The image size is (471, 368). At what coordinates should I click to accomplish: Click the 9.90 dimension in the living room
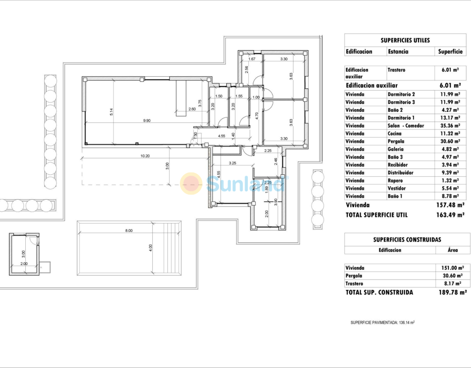coord(147,121)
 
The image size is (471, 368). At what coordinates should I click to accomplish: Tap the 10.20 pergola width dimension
coord(145,156)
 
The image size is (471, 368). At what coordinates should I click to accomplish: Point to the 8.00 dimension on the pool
coord(129,231)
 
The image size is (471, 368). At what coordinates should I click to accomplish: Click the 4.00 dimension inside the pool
coord(150,248)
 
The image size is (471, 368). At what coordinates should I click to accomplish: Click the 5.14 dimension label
coord(111,112)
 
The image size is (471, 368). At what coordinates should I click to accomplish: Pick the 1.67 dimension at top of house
coord(252,59)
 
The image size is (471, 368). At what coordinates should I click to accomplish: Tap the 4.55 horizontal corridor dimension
coord(221,136)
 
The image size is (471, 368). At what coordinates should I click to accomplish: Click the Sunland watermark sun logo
coord(191,183)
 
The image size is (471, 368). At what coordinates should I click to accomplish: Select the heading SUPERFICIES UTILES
coord(405,40)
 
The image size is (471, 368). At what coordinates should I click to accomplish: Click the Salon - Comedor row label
coord(406,126)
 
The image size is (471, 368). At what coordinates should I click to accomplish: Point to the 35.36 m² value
coord(450,126)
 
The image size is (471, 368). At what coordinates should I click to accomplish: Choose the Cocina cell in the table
coord(394,133)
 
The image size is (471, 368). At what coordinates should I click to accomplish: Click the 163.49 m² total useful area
coord(450,215)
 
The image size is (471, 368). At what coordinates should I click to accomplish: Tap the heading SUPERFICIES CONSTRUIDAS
coord(407,240)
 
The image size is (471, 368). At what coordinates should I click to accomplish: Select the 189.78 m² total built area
coord(453,292)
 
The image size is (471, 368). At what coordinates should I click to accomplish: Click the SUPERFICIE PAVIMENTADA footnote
coord(383,322)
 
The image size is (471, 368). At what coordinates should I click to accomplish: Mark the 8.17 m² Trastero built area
coord(452,283)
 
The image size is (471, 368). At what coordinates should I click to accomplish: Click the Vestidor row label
coord(396,188)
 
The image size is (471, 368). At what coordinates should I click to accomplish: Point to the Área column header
coord(453,250)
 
